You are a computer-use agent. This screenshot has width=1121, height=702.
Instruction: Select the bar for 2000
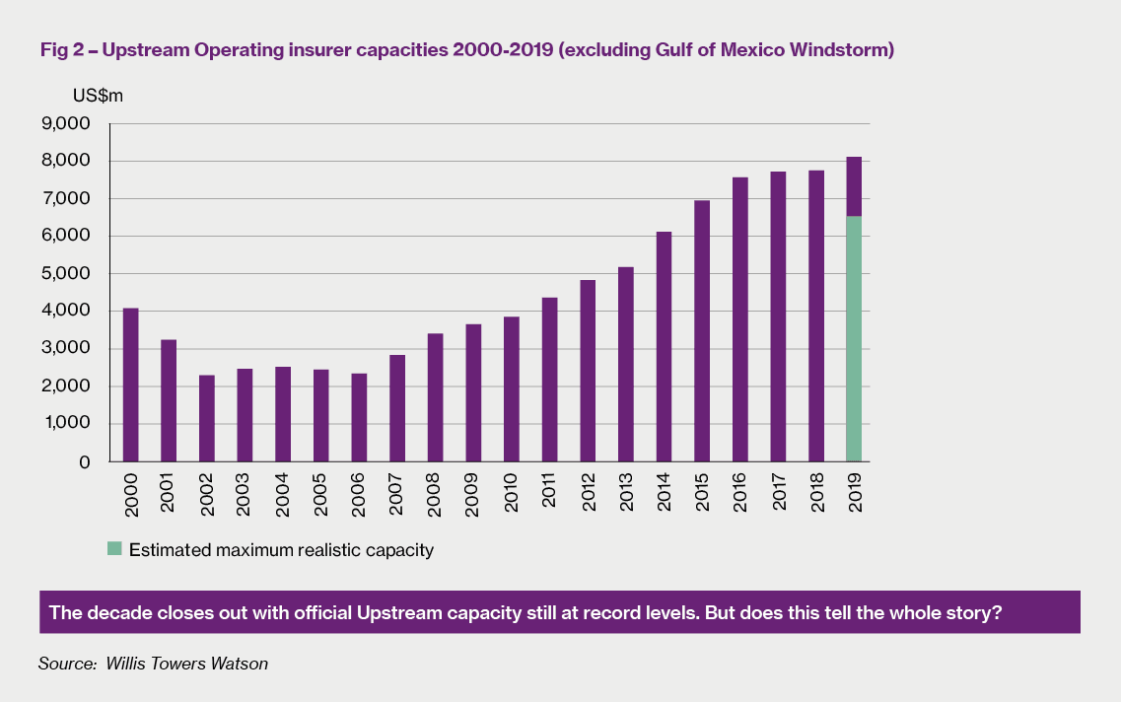130,385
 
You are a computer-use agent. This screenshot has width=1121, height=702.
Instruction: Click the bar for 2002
206,418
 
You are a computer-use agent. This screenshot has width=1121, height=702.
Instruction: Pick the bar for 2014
664,346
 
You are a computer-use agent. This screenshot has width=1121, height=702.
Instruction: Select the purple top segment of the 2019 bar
854,186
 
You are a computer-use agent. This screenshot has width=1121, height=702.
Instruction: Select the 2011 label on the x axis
550,490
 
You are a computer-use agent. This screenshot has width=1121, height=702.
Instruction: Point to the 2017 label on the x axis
779,490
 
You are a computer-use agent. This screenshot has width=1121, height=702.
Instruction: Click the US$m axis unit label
97,96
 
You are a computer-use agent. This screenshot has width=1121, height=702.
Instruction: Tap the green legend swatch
115,550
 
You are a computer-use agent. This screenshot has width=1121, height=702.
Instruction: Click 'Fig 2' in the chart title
61,50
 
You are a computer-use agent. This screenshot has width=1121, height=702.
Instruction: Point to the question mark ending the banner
997,612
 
